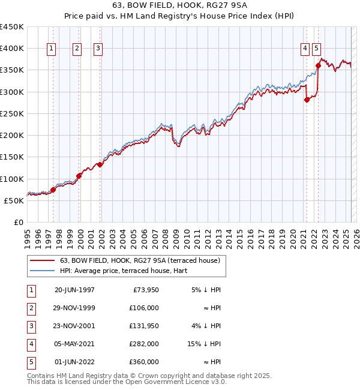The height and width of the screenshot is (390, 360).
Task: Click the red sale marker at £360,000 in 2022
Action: (x=318, y=66)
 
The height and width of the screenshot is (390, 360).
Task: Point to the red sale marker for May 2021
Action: (x=307, y=100)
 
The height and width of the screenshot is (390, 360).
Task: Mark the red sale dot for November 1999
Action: (x=79, y=176)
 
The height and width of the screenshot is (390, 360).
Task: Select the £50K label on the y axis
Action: (x=14, y=200)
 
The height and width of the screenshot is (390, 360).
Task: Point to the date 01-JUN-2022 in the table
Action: (x=74, y=362)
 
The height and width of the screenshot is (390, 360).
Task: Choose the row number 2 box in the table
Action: (x=31, y=308)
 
